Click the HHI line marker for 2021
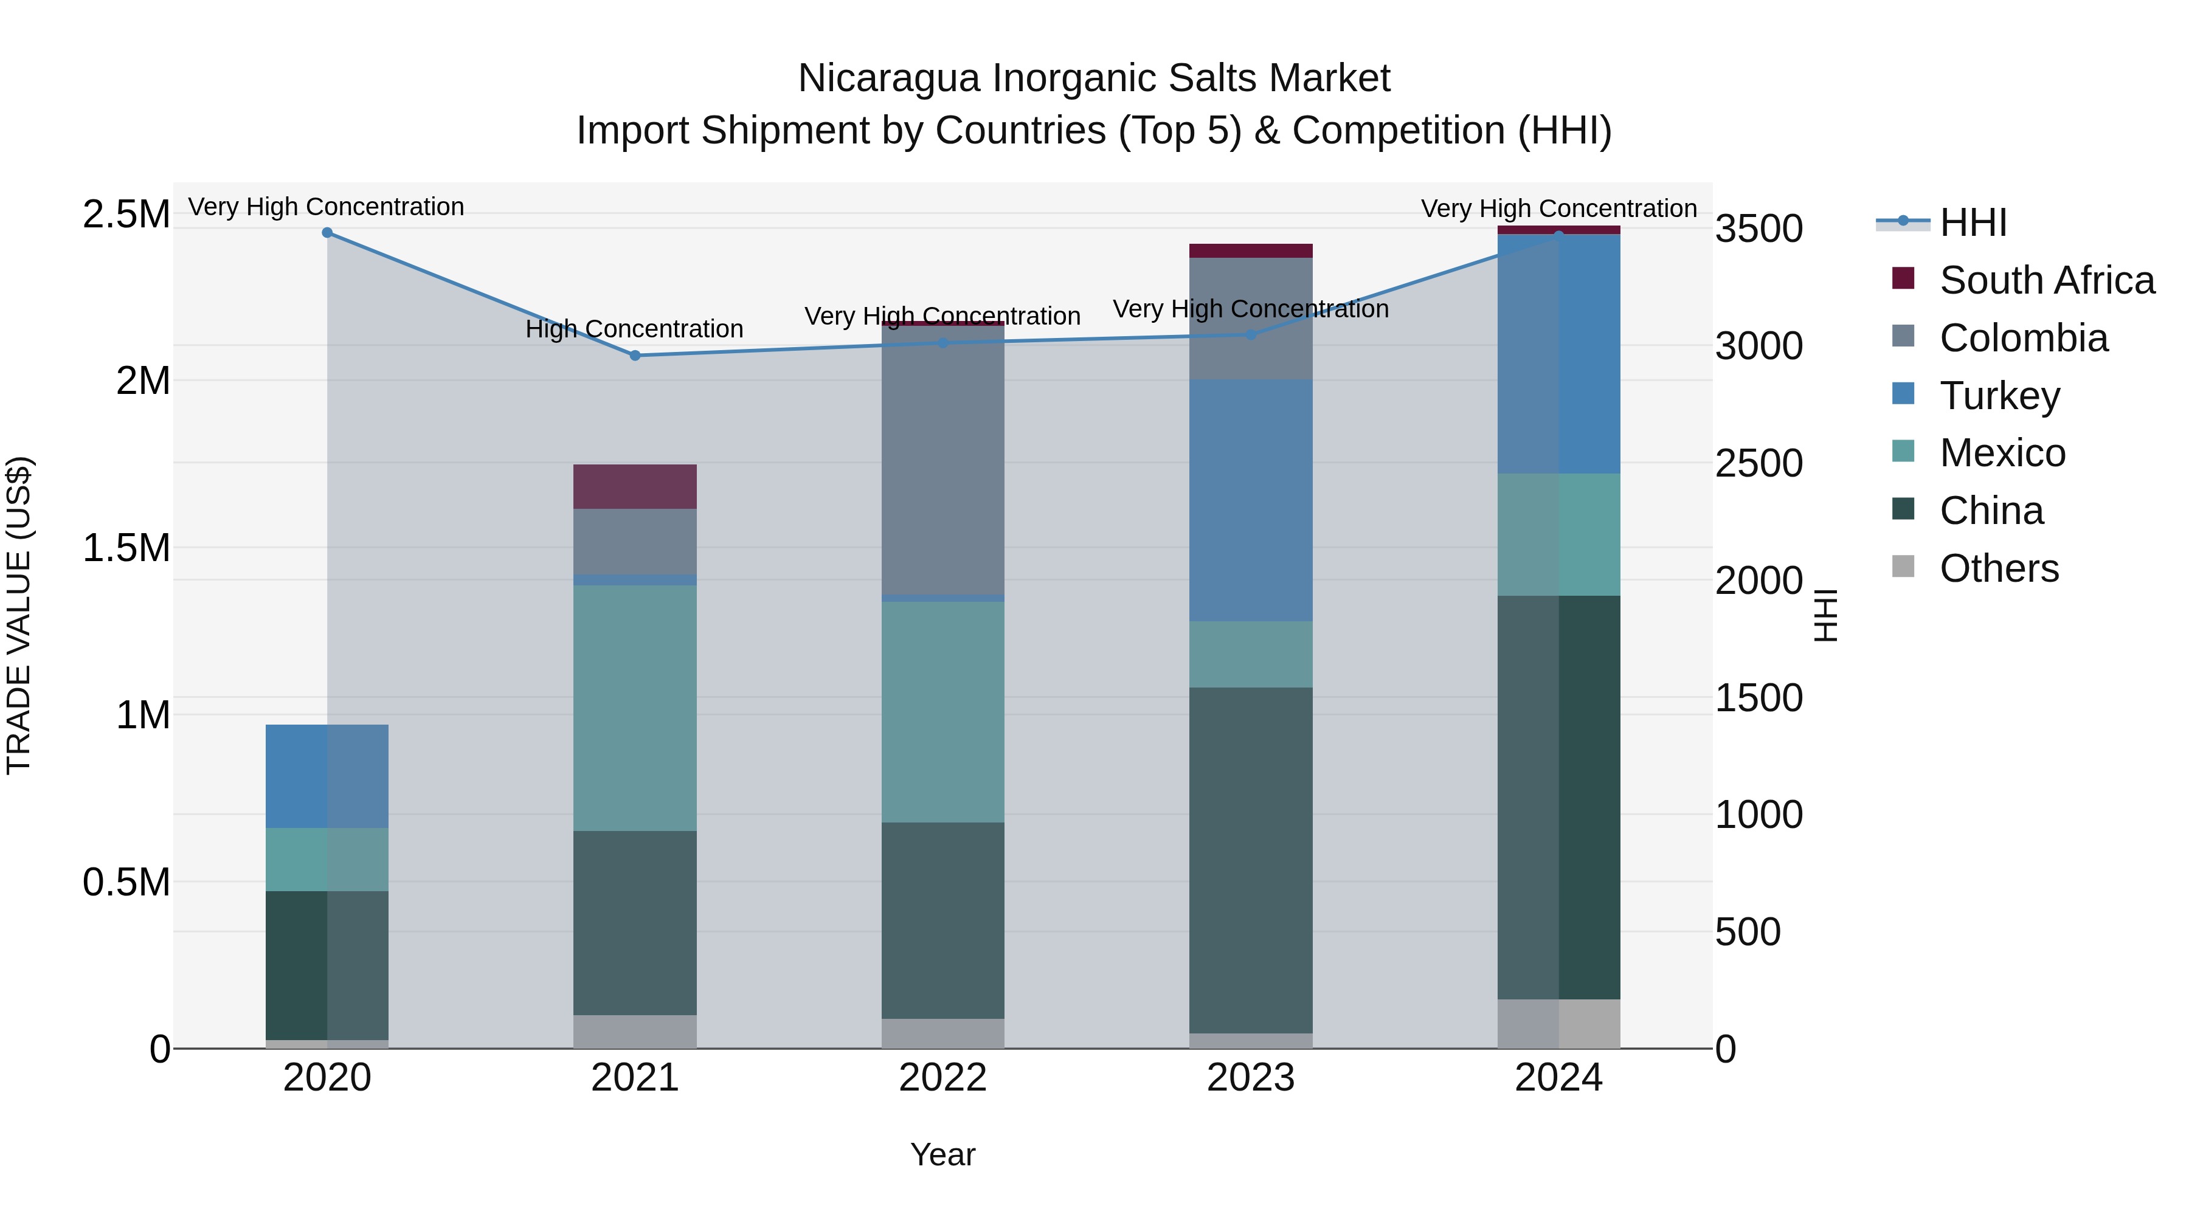tap(635, 355)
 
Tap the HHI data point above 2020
tap(327, 233)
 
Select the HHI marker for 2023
tap(1251, 335)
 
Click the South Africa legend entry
tap(2046, 280)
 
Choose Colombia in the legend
tap(2022, 338)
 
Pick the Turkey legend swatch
tap(1903, 394)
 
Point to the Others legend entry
tap(1999, 568)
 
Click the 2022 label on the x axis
tap(942, 1078)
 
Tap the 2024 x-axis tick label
tap(1558, 1078)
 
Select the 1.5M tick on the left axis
tap(126, 548)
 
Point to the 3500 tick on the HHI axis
tap(1758, 229)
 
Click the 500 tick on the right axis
tap(1747, 932)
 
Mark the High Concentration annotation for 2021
tap(634, 329)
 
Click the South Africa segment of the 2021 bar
tap(635, 487)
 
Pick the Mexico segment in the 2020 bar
tap(327, 859)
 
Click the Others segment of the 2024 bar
tap(1558, 1024)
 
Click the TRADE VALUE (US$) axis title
tap(19, 615)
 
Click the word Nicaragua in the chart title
tap(889, 79)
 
